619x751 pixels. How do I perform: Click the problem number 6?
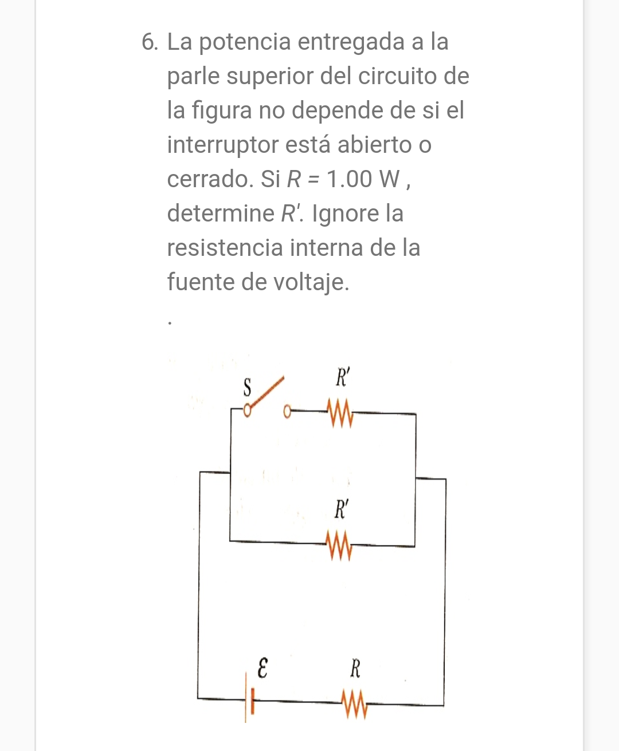(149, 42)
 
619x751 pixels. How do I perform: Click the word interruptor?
(223, 145)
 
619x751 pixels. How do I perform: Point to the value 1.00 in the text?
(350, 179)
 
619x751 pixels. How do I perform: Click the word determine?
(221, 214)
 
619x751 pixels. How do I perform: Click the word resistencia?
(225, 248)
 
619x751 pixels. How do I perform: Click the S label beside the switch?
(247, 388)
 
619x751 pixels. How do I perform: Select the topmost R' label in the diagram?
(342, 378)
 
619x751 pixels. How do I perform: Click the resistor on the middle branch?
(339, 546)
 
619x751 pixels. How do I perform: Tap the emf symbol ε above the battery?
(262, 668)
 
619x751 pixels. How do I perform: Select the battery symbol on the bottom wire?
(249, 699)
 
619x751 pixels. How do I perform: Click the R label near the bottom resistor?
(355, 668)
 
